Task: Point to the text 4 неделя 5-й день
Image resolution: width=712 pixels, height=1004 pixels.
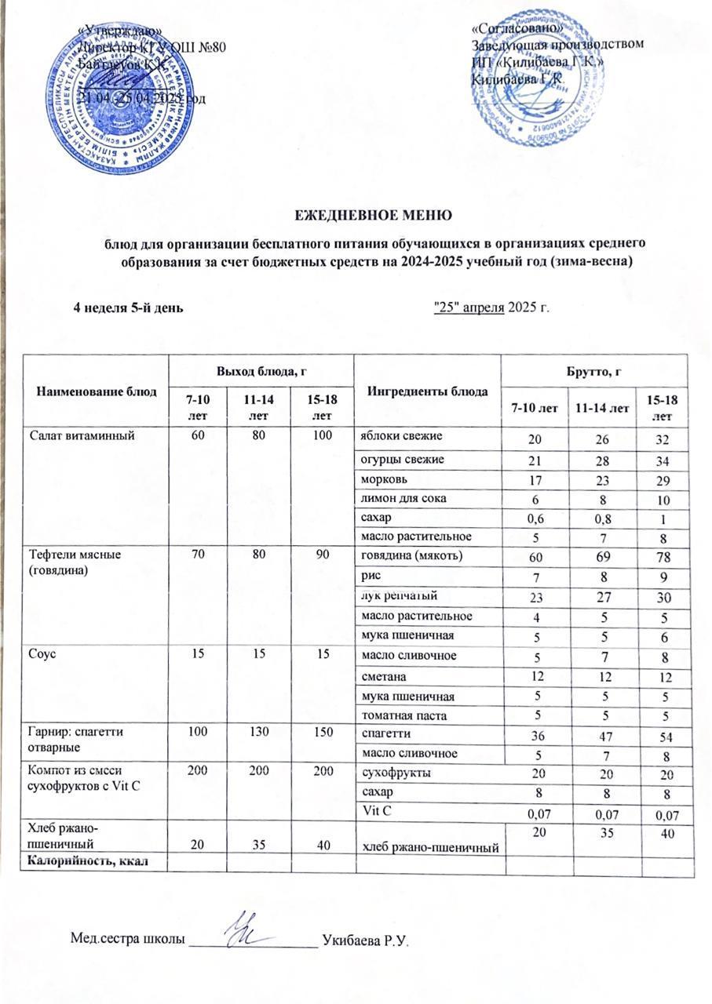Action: [x=129, y=307]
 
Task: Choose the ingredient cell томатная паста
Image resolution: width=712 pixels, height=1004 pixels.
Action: [x=397, y=715]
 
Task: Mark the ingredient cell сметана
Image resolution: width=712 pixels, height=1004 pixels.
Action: [x=381, y=675]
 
